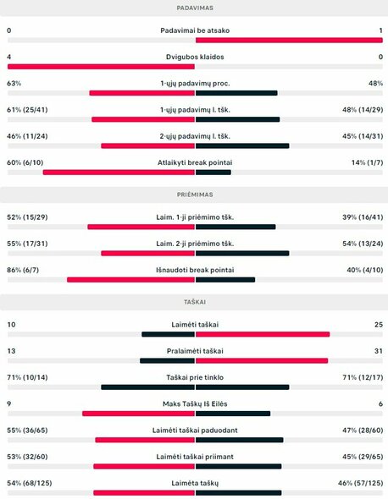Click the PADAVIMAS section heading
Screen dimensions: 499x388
(x=194, y=7)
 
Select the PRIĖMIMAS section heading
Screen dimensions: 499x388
(x=194, y=194)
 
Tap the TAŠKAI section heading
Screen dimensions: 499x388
(x=194, y=301)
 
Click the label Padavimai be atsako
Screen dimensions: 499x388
(x=194, y=30)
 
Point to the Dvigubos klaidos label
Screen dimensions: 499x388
(x=194, y=58)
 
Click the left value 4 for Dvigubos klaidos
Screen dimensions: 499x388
(x=8, y=58)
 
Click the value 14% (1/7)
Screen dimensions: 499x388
(x=366, y=162)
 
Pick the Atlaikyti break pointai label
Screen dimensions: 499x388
(x=194, y=162)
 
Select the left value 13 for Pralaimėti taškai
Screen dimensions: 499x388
(x=11, y=351)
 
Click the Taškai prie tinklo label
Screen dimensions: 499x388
(x=194, y=377)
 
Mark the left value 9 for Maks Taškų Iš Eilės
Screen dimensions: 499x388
(x=8, y=404)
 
